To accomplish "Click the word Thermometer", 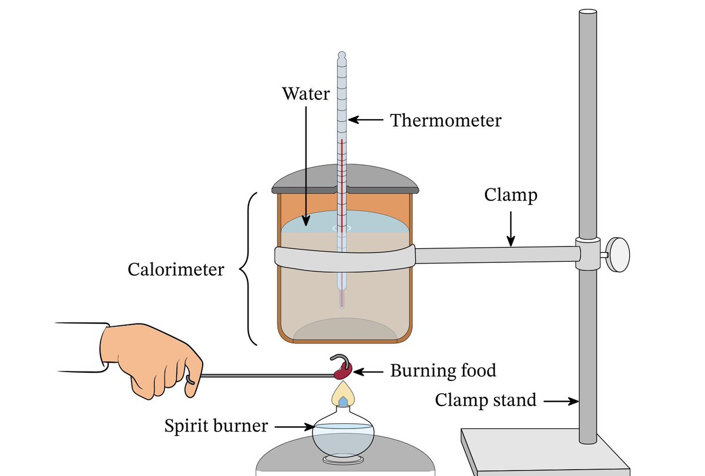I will tap(446, 121).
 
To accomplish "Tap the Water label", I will tap(305, 93).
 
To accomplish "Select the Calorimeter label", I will tap(176, 269).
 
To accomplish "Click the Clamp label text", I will tap(511, 195).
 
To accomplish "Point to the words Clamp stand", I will tap(485, 400).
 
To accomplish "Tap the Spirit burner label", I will tap(216, 426).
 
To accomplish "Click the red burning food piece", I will tap(343, 370).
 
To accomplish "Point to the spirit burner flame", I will tap(343, 394).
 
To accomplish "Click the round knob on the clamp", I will tap(617, 255).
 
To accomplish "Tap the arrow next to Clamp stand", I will tap(563, 401).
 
